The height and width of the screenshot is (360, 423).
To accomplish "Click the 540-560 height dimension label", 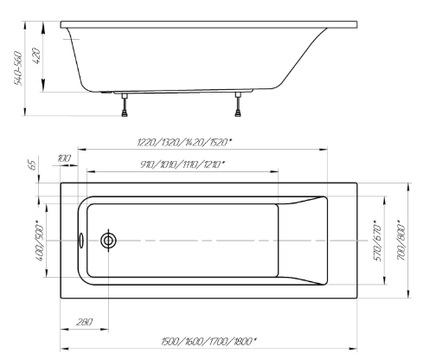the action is point(18,68).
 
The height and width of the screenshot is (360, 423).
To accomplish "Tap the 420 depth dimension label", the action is point(36,56).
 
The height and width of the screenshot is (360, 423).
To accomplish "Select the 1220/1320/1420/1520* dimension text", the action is point(184,142).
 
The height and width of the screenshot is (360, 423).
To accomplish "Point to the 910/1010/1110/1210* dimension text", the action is point(183,164).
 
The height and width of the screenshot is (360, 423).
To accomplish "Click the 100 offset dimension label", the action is point(64,158).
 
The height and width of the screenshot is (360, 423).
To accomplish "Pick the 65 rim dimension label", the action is point(33,165).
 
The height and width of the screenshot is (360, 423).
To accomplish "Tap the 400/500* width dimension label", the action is point(40,241).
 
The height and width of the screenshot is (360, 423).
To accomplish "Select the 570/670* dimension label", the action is point(377,241).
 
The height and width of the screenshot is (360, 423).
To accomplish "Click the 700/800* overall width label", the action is point(401,241).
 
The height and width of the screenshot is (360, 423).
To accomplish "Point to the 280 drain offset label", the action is point(84,322).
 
